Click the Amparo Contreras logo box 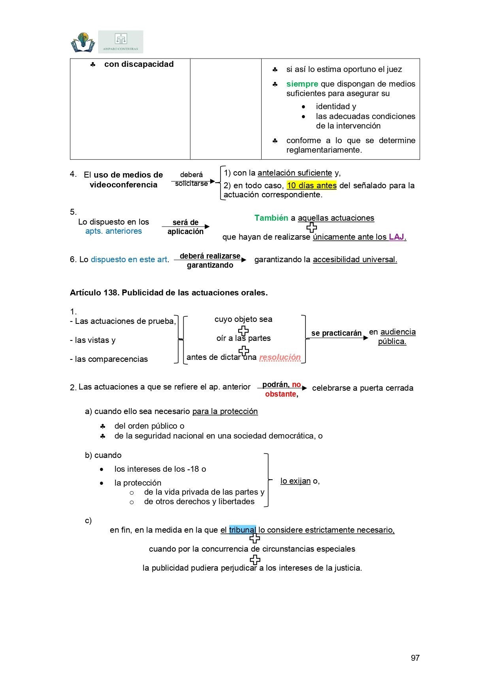(121, 42)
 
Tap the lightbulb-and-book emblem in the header (83, 42)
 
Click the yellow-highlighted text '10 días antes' (312, 185)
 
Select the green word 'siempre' (302, 84)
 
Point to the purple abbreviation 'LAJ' (396, 237)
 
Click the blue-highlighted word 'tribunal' (242, 530)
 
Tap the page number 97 (415, 658)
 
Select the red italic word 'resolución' (280, 357)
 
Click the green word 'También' (271, 218)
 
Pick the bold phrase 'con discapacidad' (139, 64)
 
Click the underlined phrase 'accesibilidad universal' (354, 259)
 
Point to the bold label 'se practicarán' (336, 333)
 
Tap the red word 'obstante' (281, 394)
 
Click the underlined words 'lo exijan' (296, 481)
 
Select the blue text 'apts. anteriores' (113, 231)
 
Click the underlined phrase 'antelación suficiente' (295, 173)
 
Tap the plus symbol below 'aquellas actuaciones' (312, 227)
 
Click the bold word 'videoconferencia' (123, 185)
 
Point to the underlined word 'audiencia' (398, 332)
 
